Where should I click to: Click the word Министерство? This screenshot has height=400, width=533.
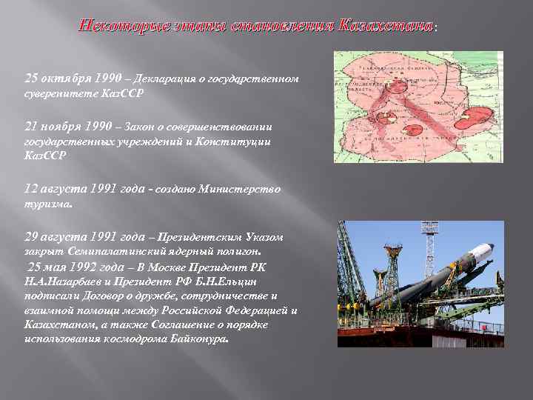pos(242,189)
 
